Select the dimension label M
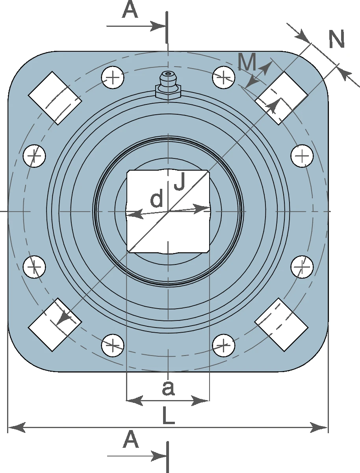point(247,61)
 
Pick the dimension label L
point(169,415)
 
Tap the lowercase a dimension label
point(168,388)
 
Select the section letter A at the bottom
point(131,439)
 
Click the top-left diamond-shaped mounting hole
point(55,98)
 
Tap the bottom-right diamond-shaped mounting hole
point(281,324)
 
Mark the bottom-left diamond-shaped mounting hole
point(55,324)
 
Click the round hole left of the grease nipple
point(113,77)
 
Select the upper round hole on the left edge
point(34,156)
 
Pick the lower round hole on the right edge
point(302,267)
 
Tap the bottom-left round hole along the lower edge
point(113,345)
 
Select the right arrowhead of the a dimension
point(200,400)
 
